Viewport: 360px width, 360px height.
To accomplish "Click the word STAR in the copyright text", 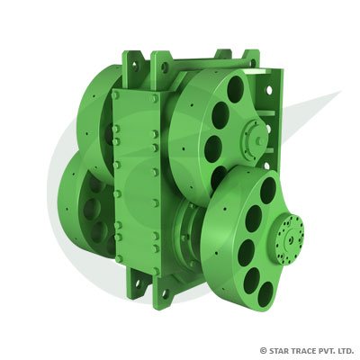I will (280, 349).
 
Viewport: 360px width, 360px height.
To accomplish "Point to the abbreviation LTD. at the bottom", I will (345, 349).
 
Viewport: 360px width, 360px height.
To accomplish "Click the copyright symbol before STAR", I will (263, 349).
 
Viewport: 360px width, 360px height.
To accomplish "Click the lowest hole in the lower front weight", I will (264, 293).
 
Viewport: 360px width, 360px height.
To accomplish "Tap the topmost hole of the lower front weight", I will (268, 190).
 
